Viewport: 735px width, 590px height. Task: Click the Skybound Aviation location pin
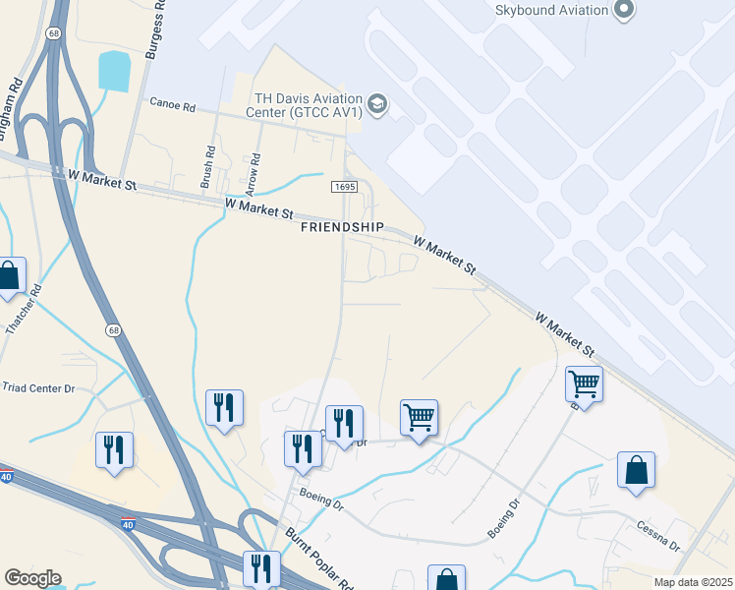pos(622,10)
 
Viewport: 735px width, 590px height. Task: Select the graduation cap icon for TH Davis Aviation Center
pos(377,103)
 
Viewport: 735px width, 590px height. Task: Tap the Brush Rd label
pos(207,167)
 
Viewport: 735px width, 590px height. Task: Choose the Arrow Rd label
pos(257,171)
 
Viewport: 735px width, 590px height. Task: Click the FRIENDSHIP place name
pos(342,227)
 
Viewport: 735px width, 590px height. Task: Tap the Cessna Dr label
pos(657,540)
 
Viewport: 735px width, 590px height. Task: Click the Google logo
pos(32,578)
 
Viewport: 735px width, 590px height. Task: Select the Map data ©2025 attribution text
pos(693,582)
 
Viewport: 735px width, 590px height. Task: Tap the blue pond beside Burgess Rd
pos(114,71)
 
